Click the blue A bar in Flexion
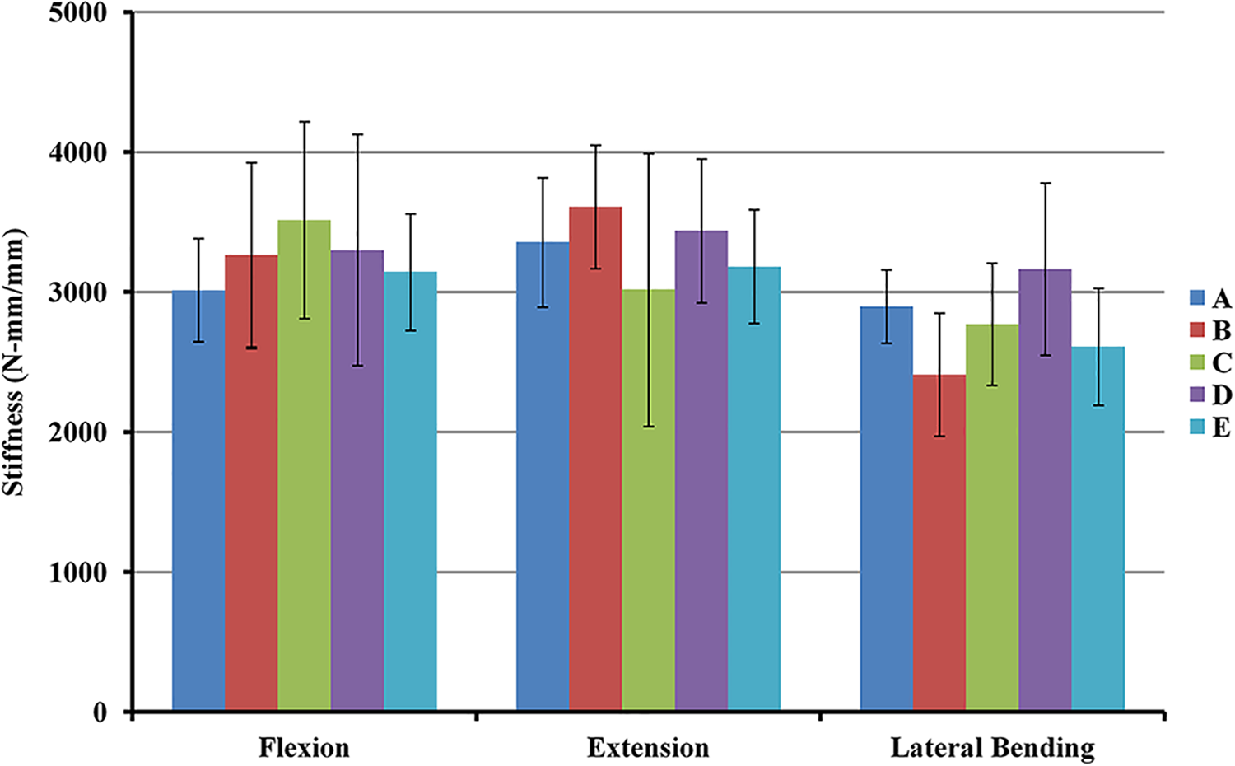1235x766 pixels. pyautogui.click(x=198, y=500)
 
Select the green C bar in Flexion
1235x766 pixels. pyautogui.click(x=305, y=465)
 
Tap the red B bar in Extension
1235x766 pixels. pyautogui.click(x=595, y=458)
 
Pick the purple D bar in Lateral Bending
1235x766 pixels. pyautogui.click(x=1045, y=490)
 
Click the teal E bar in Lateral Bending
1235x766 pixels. pyautogui.click(x=1098, y=528)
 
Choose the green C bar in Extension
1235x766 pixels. pyautogui.click(x=649, y=500)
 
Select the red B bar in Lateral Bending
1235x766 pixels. pyautogui.click(x=939, y=542)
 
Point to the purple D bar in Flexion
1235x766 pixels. pyautogui.click(x=357, y=480)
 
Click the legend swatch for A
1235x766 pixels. pyautogui.click(x=1197, y=298)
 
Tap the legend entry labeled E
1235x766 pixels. pyautogui.click(x=1209, y=427)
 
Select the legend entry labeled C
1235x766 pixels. pyautogui.click(x=1209, y=362)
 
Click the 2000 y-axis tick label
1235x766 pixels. pyautogui.click(x=77, y=432)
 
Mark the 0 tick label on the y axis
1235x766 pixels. pyautogui.click(x=100, y=712)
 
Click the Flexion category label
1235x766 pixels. pyautogui.click(x=304, y=749)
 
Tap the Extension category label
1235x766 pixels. pyautogui.click(x=648, y=749)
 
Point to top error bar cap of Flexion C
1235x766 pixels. pyautogui.click(x=305, y=121)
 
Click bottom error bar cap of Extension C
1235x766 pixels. pyautogui.click(x=649, y=427)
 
